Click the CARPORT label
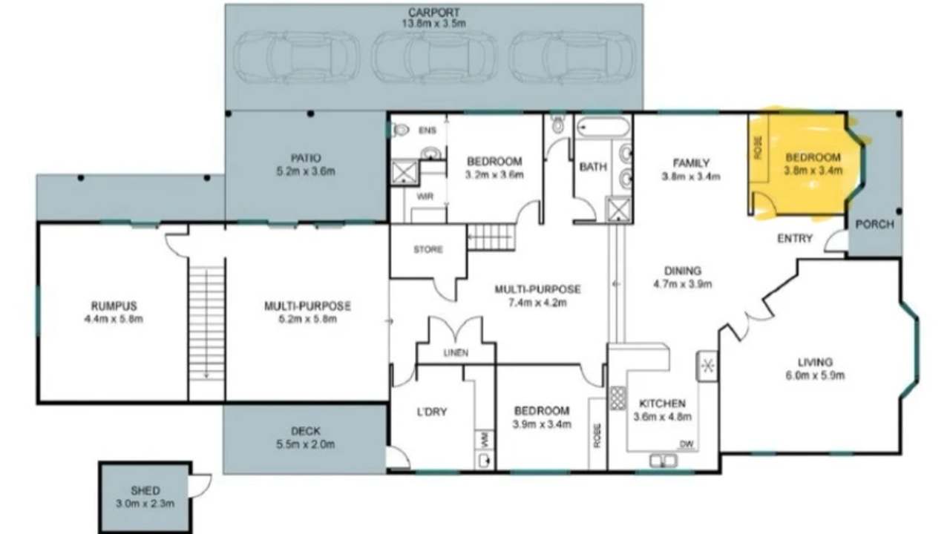tap(433, 13)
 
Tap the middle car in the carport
tap(434, 57)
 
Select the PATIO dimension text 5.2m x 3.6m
tap(306, 171)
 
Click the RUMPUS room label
tap(114, 306)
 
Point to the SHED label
tap(145, 491)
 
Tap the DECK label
tap(305, 432)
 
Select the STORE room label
tap(428, 250)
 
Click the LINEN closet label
tap(456, 352)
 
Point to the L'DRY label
tap(432, 412)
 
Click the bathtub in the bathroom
tap(603, 127)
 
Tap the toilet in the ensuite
tap(400, 130)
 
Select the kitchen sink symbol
tap(663, 461)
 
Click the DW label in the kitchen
tap(687, 444)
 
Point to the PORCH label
tap(874, 225)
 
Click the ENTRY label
tap(795, 239)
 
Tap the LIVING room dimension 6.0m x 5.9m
tap(815, 376)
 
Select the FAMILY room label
tap(691, 163)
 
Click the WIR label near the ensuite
tap(425, 197)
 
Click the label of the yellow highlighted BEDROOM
tap(813, 158)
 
